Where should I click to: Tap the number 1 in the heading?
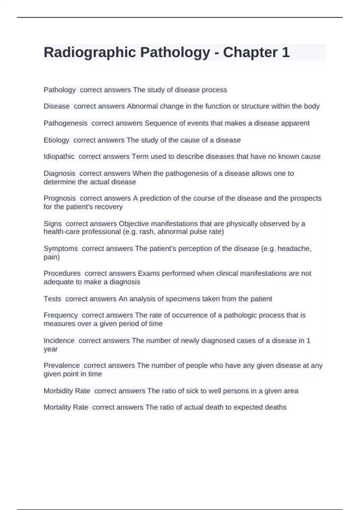tap(285, 52)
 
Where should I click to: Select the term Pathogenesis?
tap(65, 123)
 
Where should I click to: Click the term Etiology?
tap(56, 140)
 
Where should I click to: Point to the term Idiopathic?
tap(59, 157)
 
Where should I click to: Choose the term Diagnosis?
tap(59, 173)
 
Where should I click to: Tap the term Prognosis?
tap(60, 198)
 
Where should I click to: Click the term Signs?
tap(52, 224)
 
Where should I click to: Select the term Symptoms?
tap(61, 249)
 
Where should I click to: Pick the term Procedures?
tap(62, 274)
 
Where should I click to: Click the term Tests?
tap(52, 299)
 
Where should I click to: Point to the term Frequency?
tap(61, 315)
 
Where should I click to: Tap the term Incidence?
tap(59, 341)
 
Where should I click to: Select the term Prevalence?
tap(61, 366)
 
